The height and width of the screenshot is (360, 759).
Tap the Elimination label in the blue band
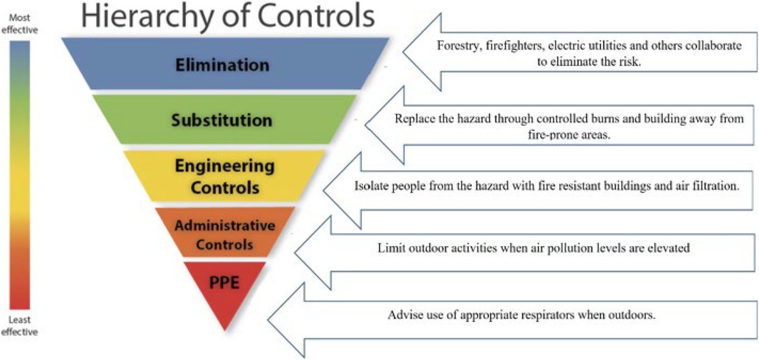point(223,65)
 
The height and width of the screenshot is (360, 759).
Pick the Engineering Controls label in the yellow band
point(225,177)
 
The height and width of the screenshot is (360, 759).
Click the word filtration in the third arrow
point(712,187)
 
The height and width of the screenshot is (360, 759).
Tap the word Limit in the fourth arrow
point(389,248)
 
